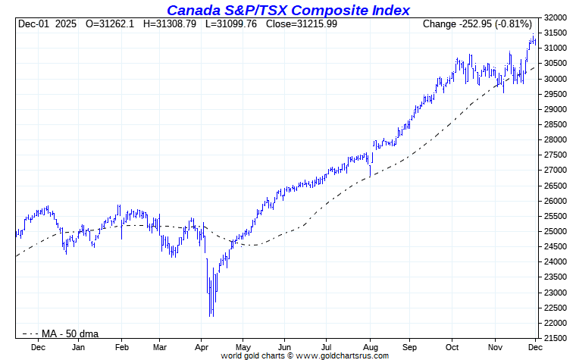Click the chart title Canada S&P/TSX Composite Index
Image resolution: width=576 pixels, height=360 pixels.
(x=288, y=10)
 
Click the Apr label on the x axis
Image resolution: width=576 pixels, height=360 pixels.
(x=202, y=346)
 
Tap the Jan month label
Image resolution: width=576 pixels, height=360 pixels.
(x=77, y=346)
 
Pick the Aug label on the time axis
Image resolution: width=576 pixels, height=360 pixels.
(x=369, y=346)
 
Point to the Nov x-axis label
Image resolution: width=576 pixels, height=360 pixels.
(x=496, y=346)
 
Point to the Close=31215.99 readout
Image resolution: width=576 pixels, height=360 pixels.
(x=302, y=24)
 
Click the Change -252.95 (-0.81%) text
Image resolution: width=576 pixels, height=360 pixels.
(x=477, y=24)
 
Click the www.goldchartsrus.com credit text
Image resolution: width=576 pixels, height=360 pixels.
(x=342, y=355)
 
